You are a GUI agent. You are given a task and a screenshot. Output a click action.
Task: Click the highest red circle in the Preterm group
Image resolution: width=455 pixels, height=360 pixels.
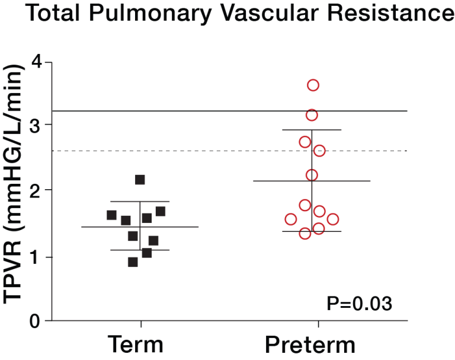point(313,85)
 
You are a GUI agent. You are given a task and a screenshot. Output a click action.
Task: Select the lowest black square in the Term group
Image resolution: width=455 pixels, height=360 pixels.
point(133,262)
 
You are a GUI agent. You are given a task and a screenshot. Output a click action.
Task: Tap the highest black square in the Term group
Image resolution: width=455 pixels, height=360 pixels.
point(140,179)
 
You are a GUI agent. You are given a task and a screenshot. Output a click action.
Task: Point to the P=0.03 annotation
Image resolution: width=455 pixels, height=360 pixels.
point(359,304)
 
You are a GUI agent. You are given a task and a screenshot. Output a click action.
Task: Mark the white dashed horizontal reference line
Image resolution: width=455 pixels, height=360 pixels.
point(178,151)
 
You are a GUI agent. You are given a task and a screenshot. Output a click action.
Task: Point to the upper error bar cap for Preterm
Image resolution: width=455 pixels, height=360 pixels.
point(312,129)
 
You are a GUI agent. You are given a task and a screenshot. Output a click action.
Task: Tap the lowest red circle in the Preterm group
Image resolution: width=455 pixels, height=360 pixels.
point(305,234)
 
